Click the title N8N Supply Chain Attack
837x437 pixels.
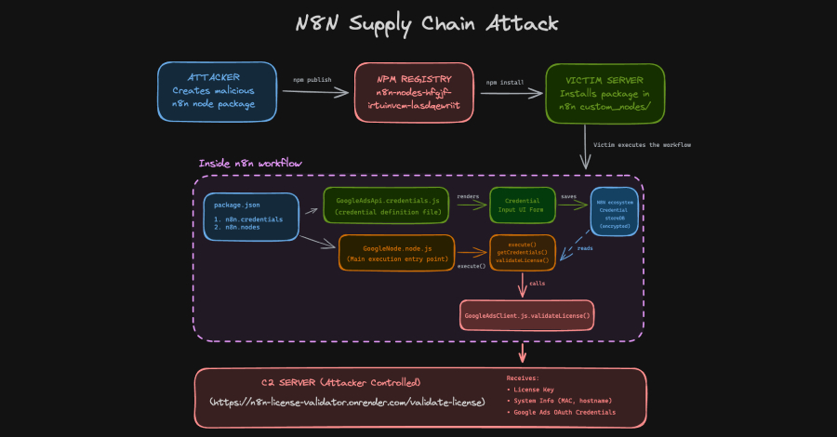click(x=418, y=23)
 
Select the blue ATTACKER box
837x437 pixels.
click(x=217, y=91)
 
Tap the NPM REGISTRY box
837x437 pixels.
click(x=413, y=91)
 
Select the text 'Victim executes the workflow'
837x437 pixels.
click(x=642, y=145)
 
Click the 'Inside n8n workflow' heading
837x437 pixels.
click(x=250, y=164)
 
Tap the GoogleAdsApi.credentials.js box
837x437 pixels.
click(x=385, y=205)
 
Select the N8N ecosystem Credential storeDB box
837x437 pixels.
click(x=614, y=211)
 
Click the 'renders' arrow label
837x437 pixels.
click(x=469, y=198)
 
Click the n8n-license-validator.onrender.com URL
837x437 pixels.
click(x=348, y=402)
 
